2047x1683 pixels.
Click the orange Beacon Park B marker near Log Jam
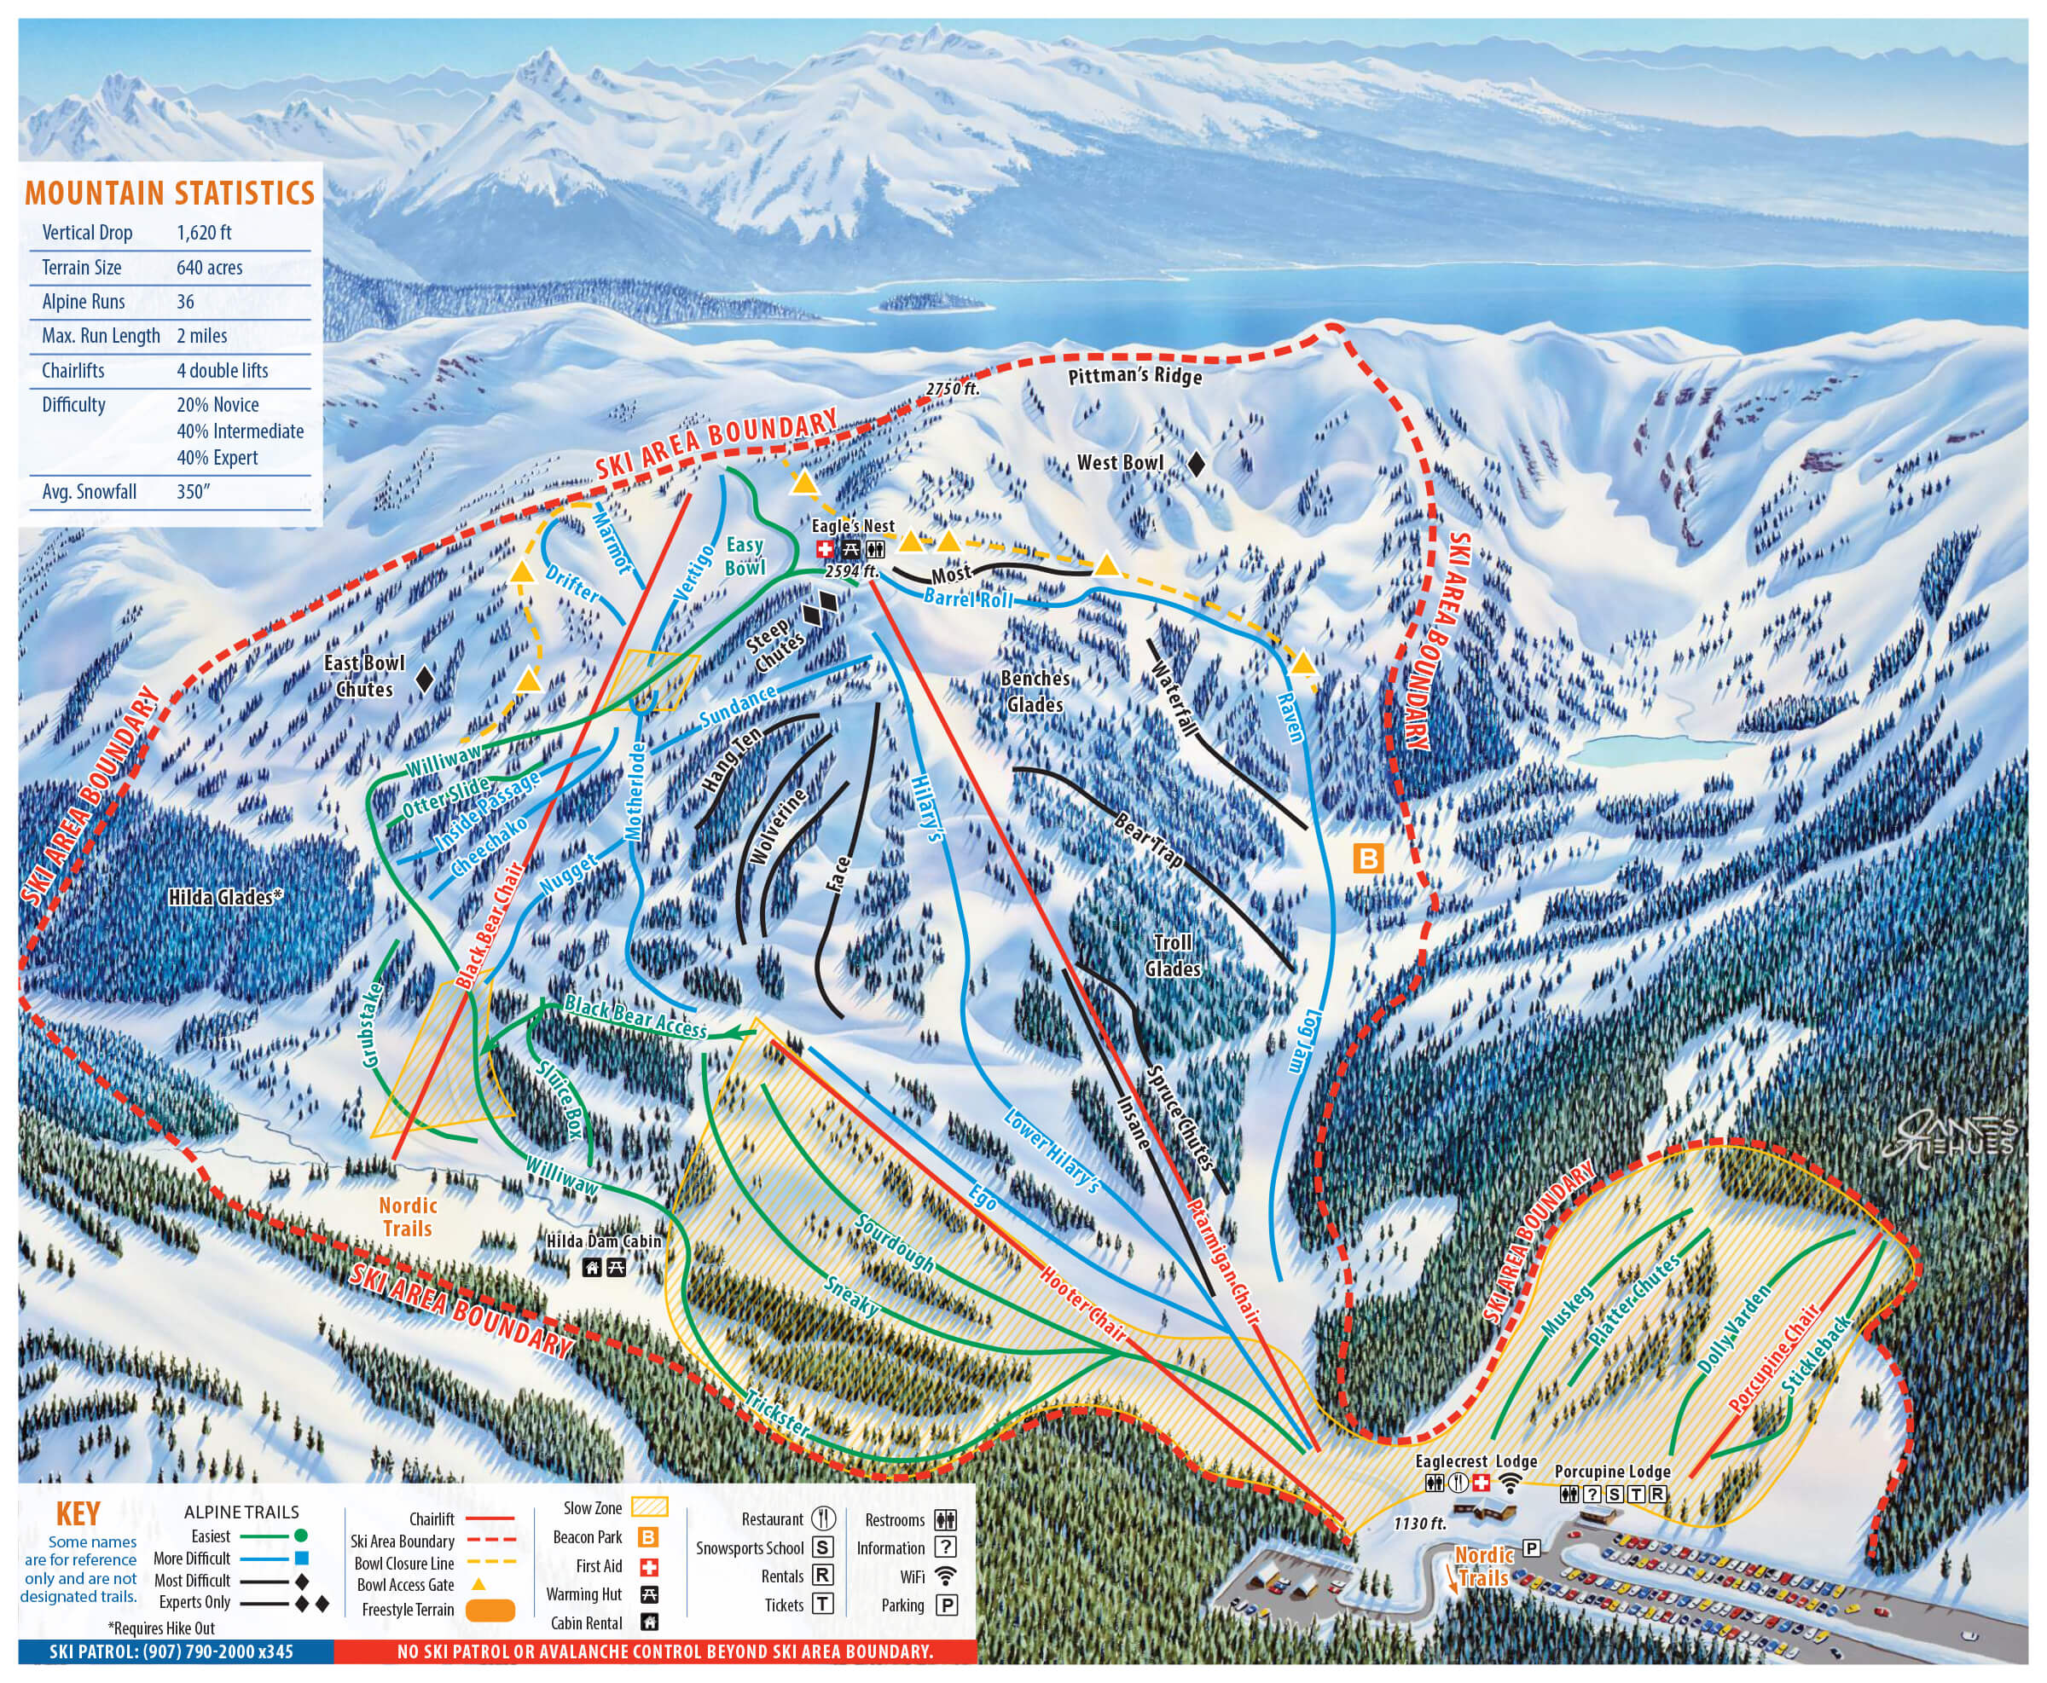click(1368, 858)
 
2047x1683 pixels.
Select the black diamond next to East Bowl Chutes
click(424, 679)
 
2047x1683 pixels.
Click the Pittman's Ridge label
click(1134, 375)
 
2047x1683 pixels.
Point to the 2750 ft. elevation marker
click(952, 389)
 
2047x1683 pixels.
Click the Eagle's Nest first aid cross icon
click(826, 550)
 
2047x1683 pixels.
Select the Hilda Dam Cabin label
click(603, 1241)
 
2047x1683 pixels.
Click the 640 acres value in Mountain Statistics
click(210, 268)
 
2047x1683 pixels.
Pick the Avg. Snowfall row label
click(90, 492)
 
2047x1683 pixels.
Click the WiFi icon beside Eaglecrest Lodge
click(1510, 1483)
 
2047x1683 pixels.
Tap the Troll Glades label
click(1173, 955)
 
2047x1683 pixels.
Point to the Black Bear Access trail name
click(635, 1016)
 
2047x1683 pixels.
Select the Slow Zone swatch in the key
click(650, 1507)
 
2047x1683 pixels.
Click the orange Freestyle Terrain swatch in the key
click(490, 1611)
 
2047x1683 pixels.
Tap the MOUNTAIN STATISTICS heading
click(170, 193)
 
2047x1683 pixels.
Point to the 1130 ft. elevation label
click(1419, 1523)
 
